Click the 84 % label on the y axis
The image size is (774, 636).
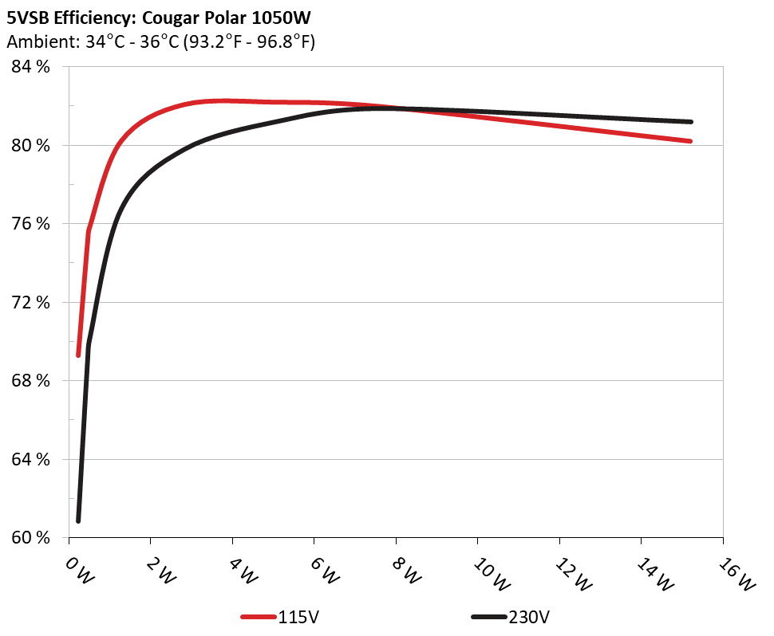[x=31, y=67]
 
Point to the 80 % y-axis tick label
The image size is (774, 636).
[x=31, y=145]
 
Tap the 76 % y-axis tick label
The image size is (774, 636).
[x=31, y=224]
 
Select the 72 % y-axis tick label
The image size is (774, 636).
[x=31, y=302]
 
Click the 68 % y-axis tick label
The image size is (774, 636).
[x=31, y=381]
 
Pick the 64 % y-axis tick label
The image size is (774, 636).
[x=31, y=459]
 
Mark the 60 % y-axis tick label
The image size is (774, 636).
[x=31, y=537]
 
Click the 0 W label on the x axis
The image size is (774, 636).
[x=78, y=571]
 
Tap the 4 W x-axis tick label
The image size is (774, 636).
[x=242, y=571]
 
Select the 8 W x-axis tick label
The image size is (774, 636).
[x=405, y=571]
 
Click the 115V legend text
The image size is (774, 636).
[x=300, y=617]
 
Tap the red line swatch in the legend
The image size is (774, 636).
[x=259, y=617]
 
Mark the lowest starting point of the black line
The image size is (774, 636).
[x=78, y=520]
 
